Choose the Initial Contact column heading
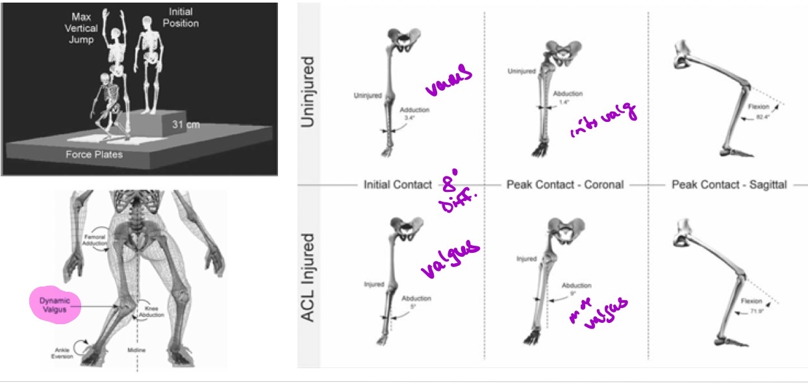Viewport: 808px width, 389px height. click(398, 185)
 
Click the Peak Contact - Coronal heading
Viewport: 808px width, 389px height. click(564, 185)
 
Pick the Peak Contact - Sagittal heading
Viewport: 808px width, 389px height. click(729, 185)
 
